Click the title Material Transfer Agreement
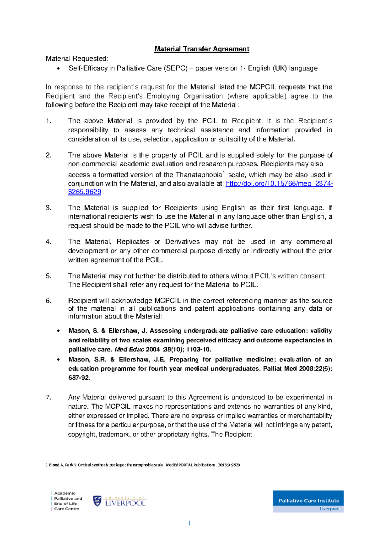pyautogui.click(x=202, y=49)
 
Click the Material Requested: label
pyautogui.click(x=77, y=59)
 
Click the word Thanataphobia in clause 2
pyautogui.click(x=198, y=175)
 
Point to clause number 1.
pyautogui.click(x=49, y=121)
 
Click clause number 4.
pyautogui.click(x=49, y=242)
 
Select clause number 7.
pyautogui.click(x=49, y=397)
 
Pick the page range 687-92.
pyautogui.click(x=79, y=378)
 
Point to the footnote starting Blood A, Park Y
pyautogui.click(x=143, y=465)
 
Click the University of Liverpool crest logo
pyautogui.click(x=97, y=501)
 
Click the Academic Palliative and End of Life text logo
pyautogui.click(x=67, y=501)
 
